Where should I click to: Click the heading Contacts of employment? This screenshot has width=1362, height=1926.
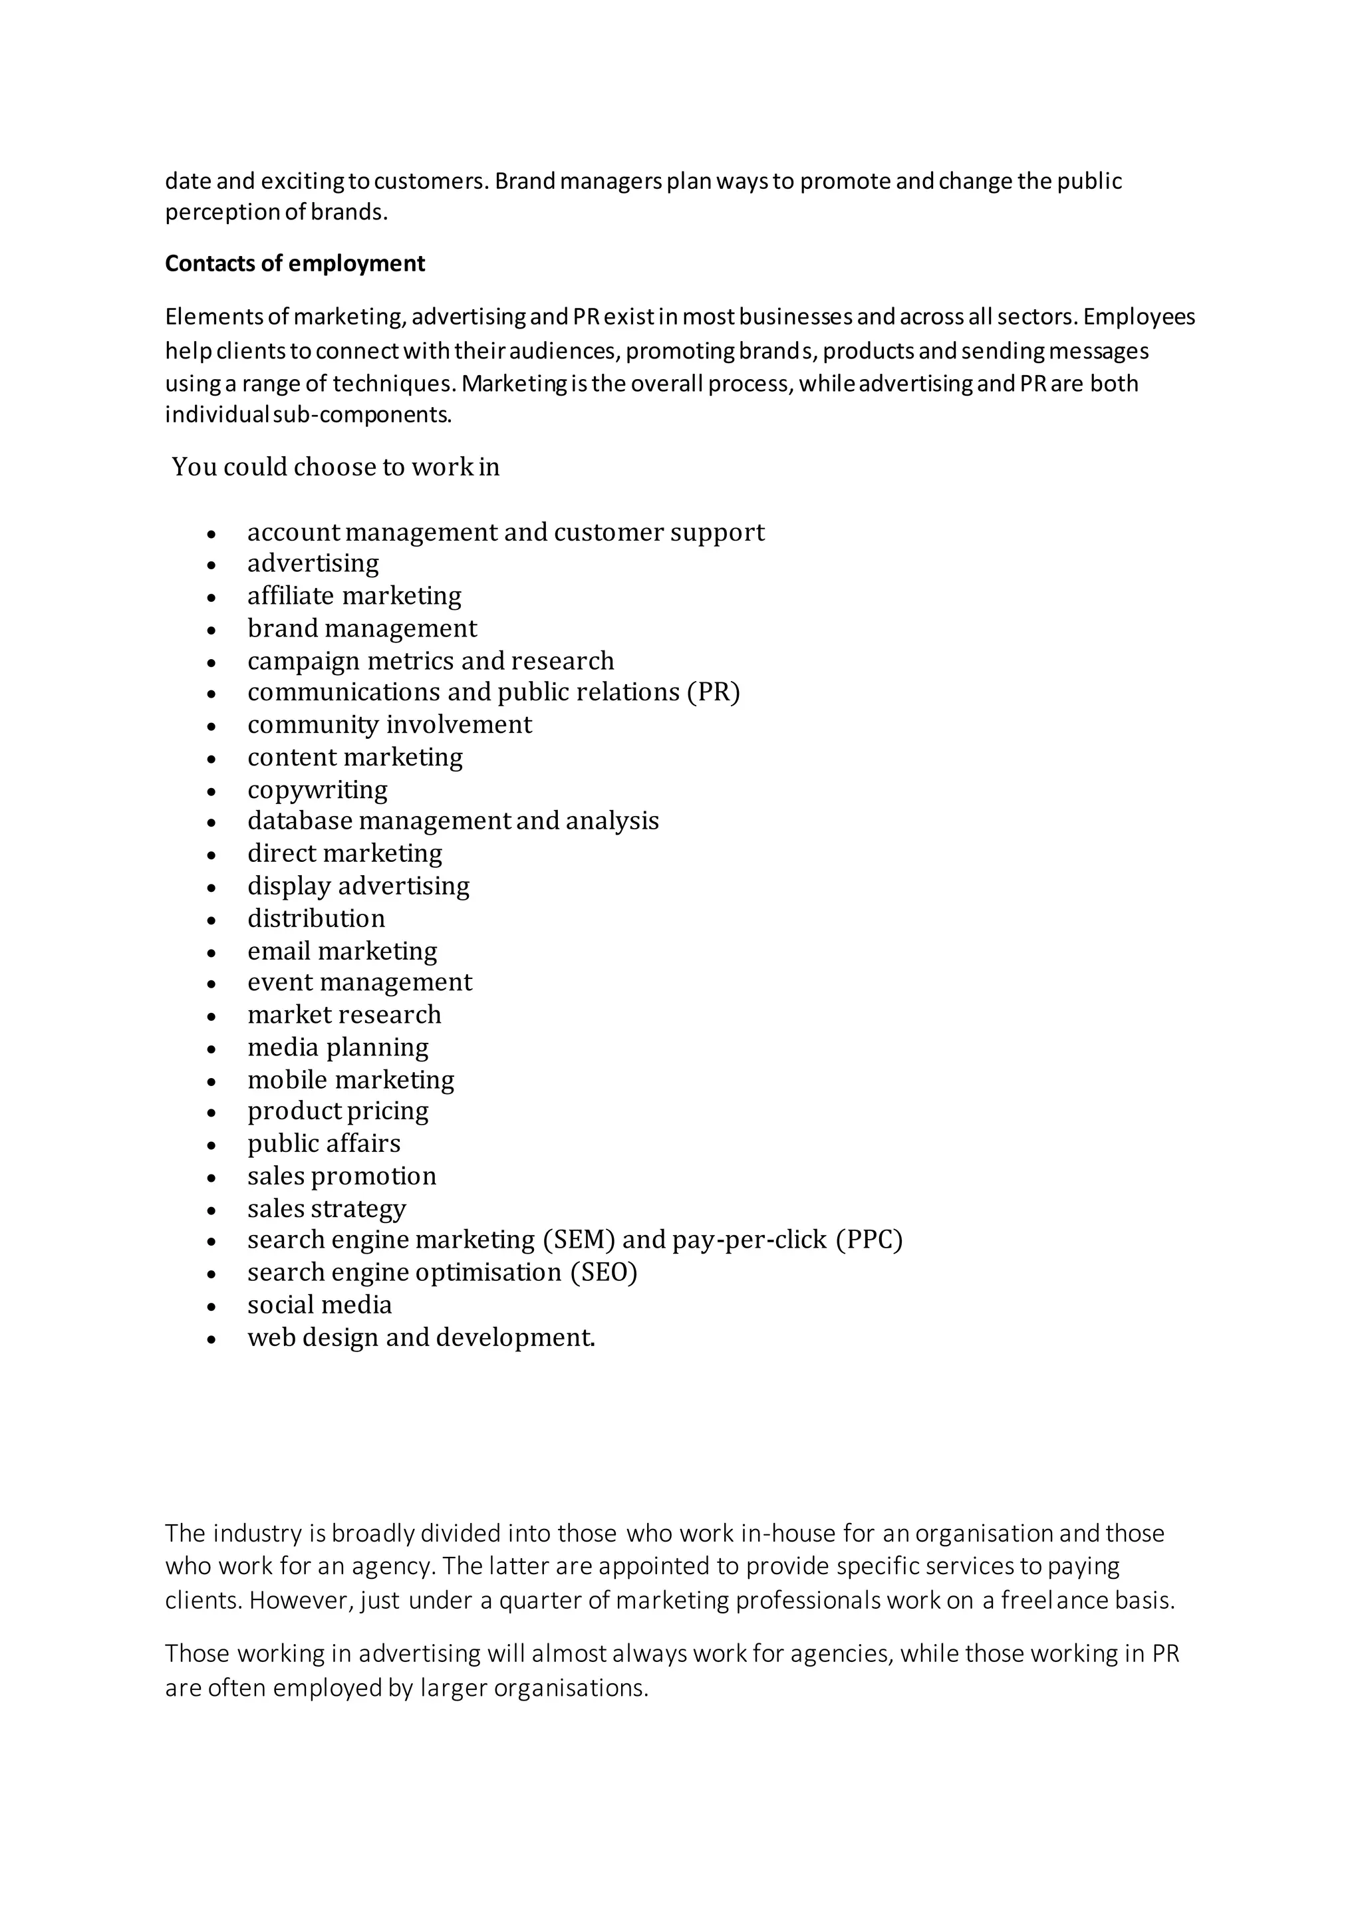tap(295, 263)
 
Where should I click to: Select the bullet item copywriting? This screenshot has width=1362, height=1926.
tap(317, 789)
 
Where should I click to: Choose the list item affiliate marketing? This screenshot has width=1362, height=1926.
tap(354, 596)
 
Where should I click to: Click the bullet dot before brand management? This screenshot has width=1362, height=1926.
tap(212, 630)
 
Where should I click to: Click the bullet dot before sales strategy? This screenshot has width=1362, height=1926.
tap(212, 1210)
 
